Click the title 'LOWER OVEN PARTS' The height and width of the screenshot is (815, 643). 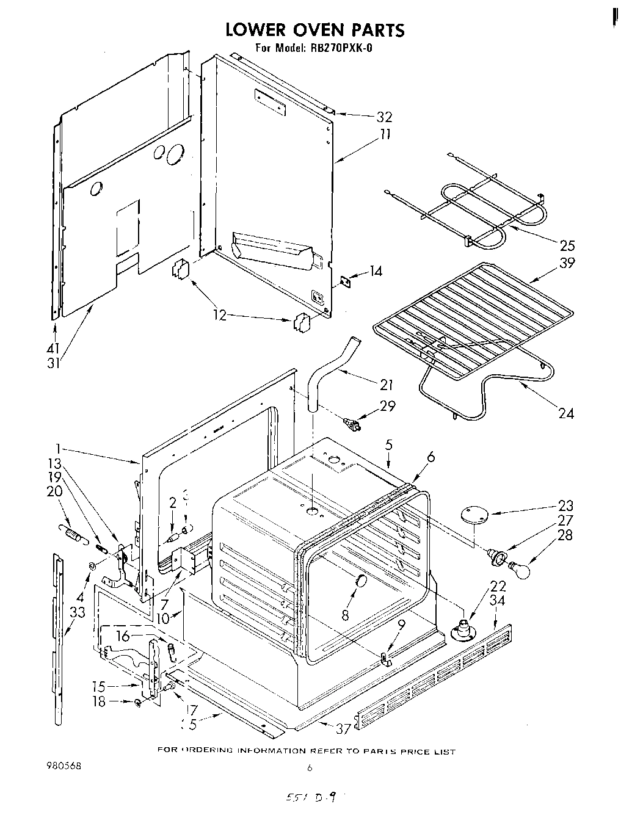pyautogui.click(x=314, y=30)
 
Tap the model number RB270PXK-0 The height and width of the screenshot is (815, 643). pyautogui.click(x=336, y=49)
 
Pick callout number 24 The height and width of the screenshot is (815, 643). pyautogui.click(x=566, y=413)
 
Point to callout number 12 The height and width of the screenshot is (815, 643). pyautogui.click(x=220, y=315)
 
